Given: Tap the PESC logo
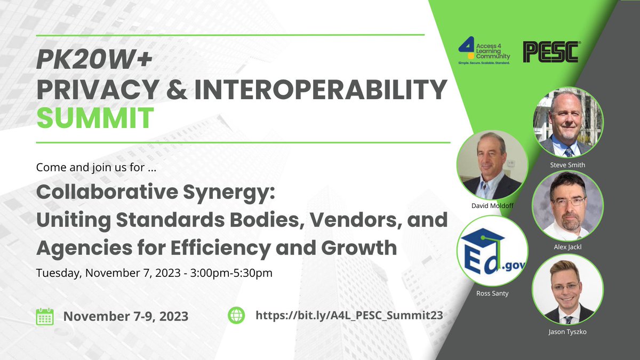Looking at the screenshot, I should coord(550,52).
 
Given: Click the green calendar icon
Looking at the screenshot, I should coord(44,316).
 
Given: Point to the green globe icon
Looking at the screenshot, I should coord(236,316).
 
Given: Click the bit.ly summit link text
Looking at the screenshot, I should coord(349,316).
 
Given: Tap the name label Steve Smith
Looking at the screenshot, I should coord(567,165).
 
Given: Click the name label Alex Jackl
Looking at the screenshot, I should coord(567,249).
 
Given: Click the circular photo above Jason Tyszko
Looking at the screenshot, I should coord(568,290).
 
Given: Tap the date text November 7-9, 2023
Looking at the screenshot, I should coord(125,316).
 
